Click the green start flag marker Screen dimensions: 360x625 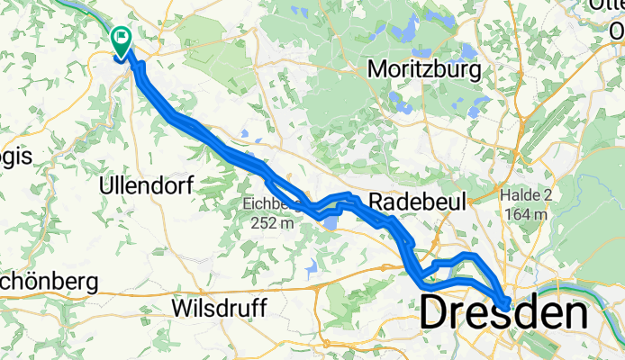(x=120, y=38)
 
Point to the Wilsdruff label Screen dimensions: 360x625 (x=221, y=309)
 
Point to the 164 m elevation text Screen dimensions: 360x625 (x=528, y=214)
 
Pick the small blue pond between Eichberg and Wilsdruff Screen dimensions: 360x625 (x=312, y=267)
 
